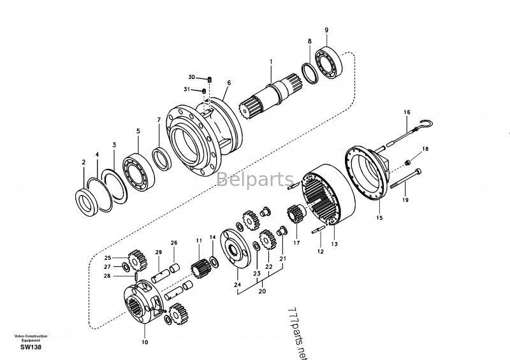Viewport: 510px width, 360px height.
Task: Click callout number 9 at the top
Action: click(x=326, y=30)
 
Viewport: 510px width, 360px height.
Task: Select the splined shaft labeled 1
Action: click(x=272, y=96)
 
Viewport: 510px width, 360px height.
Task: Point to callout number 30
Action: click(x=192, y=77)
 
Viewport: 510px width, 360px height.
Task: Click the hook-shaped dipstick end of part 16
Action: click(x=426, y=123)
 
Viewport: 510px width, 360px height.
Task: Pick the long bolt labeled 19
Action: click(x=405, y=178)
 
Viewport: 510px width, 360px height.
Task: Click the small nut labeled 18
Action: click(x=407, y=162)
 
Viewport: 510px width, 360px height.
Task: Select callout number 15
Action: click(x=379, y=218)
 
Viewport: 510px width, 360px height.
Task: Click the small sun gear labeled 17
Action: click(x=296, y=213)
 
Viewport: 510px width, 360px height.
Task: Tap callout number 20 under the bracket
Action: click(x=262, y=291)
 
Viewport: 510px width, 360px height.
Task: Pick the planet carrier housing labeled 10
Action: click(x=143, y=303)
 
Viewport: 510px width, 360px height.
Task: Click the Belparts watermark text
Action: click(x=255, y=179)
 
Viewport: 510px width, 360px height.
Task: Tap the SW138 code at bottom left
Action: click(x=31, y=347)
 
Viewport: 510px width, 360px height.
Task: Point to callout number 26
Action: click(x=174, y=243)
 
